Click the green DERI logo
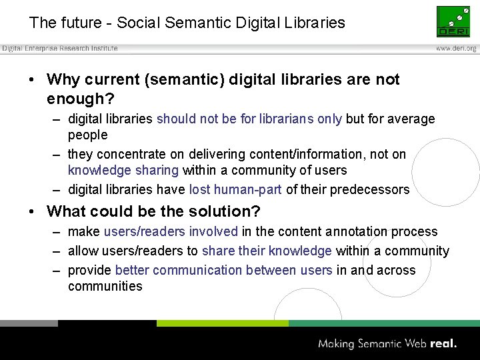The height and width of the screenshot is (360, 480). [453, 21]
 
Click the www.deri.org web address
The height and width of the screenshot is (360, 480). [456, 49]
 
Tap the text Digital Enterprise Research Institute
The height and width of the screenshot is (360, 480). [60, 49]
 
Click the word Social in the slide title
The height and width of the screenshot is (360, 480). [138, 23]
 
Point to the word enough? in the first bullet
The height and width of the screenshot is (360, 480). [81, 99]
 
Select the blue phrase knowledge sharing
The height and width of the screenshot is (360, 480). [123, 170]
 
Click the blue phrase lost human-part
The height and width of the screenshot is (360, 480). [235, 189]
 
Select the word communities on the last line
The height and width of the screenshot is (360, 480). [105, 286]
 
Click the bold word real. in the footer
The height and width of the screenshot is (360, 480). [443, 344]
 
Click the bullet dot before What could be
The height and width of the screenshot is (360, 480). [33, 211]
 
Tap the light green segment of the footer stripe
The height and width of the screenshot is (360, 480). [222, 323]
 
